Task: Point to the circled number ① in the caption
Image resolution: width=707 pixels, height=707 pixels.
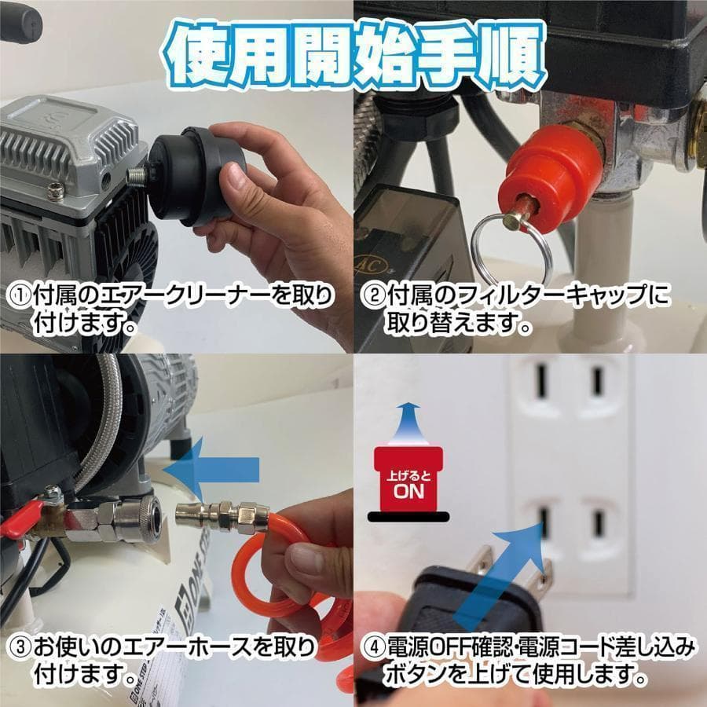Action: pyautogui.click(x=18, y=296)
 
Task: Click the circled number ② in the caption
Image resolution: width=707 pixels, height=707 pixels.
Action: pyautogui.click(x=372, y=296)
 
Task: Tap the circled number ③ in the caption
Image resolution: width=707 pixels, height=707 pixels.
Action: pyautogui.click(x=18, y=647)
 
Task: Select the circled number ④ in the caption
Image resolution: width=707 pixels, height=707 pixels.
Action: pyautogui.click(x=372, y=647)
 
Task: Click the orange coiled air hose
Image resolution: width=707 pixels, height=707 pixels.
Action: pyautogui.click(x=259, y=581)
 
